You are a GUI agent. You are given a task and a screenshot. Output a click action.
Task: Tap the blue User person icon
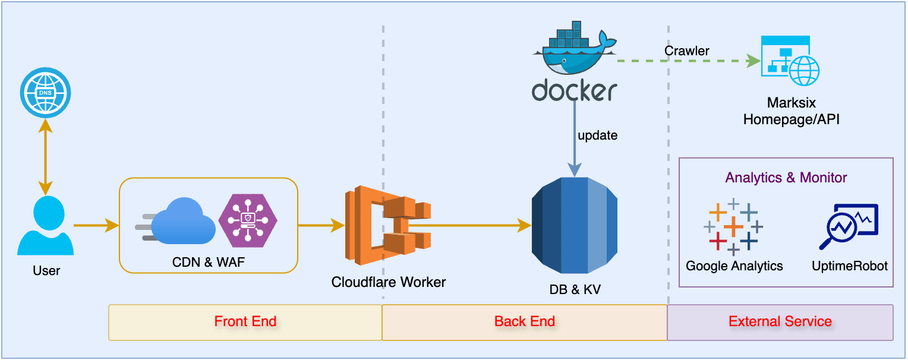46,226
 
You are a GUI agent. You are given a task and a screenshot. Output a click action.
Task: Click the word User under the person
46,271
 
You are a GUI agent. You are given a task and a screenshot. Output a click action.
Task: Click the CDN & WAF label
209,261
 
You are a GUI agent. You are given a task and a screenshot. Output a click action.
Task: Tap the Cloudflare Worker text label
389,282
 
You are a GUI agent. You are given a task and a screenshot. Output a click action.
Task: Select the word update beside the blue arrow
597,135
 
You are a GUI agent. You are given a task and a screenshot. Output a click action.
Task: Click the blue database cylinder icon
575,226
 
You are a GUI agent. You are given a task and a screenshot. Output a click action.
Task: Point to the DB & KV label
575,290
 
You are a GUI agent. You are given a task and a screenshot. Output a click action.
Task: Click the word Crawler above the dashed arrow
686,51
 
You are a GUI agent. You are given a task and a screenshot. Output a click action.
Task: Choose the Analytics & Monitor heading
786,178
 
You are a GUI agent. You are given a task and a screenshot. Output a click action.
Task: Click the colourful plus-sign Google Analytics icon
733,226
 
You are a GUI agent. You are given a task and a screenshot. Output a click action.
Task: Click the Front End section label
245,322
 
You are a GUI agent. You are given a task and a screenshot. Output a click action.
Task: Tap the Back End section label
525,322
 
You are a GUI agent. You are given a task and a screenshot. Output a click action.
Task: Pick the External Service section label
780,322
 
